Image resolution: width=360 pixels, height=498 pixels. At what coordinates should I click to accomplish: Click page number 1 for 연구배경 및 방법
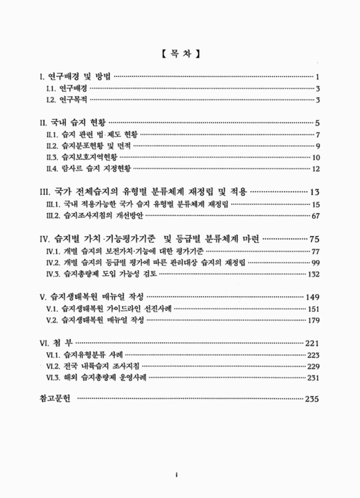click(318, 77)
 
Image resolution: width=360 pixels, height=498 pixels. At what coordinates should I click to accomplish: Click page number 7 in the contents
click(318, 134)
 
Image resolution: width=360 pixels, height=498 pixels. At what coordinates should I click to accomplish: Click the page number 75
click(314, 238)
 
